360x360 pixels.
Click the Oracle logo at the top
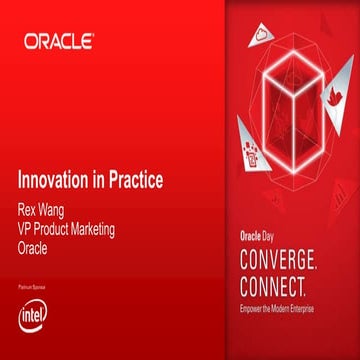(59, 42)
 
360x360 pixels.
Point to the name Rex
(30, 211)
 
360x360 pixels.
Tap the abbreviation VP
(27, 229)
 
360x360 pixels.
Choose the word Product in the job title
(61, 229)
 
